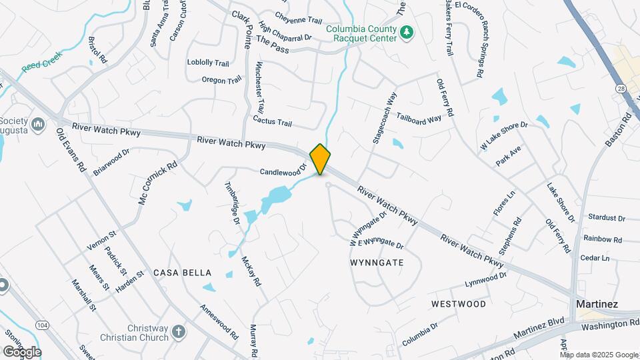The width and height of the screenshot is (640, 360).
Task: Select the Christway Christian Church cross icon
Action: [178, 331]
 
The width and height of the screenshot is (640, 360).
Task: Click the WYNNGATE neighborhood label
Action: [377, 263]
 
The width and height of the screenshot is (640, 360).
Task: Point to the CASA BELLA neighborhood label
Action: [182, 273]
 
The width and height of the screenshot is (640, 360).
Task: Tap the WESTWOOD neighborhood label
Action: [458, 304]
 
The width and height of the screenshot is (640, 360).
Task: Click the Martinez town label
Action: [597, 304]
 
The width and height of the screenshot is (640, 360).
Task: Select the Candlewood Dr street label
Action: [282, 171]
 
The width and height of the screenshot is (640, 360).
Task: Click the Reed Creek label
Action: [41, 61]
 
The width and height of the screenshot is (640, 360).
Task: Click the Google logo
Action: [22, 351]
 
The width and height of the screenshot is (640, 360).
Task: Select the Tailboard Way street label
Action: [419, 119]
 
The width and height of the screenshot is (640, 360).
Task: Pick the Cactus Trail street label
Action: [272, 122]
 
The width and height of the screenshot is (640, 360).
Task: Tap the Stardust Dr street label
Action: [607, 217]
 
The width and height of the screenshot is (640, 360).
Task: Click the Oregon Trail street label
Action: [221, 80]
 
